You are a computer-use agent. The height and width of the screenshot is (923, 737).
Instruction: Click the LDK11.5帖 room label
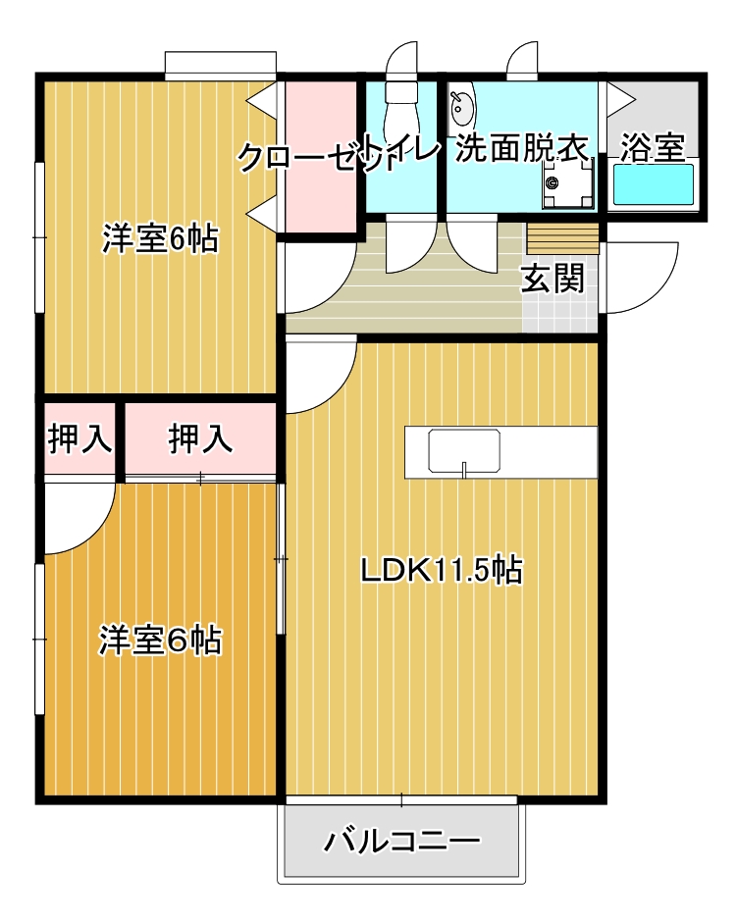click(x=442, y=570)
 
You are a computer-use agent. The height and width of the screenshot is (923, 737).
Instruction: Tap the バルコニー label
click(x=402, y=841)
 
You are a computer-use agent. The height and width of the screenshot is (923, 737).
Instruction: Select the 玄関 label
click(x=553, y=278)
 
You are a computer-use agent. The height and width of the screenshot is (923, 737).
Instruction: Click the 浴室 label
click(x=653, y=147)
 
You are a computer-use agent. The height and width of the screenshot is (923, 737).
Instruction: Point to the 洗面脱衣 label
click(x=522, y=147)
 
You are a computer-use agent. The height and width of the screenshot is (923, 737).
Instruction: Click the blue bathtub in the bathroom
click(x=654, y=184)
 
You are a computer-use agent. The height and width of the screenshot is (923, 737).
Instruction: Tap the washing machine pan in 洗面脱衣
click(x=567, y=182)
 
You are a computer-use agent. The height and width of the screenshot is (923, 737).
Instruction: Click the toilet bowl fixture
click(x=401, y=112)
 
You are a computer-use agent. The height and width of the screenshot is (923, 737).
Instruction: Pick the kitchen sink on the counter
click(x=464, y=451)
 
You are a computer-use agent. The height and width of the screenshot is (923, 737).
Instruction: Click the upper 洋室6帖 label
click(x=160, y=238)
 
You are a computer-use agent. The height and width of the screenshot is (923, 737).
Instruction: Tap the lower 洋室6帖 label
click(x=160, y=641)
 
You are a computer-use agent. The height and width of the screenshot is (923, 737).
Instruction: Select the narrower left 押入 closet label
click(x=80, y=438)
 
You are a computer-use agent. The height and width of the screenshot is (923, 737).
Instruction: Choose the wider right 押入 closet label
click(x=200, y=438)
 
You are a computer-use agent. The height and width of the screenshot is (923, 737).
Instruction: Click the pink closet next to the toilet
click(x=321, y=156)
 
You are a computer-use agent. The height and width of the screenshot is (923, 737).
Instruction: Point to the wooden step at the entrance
click(x=562, y=238)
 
